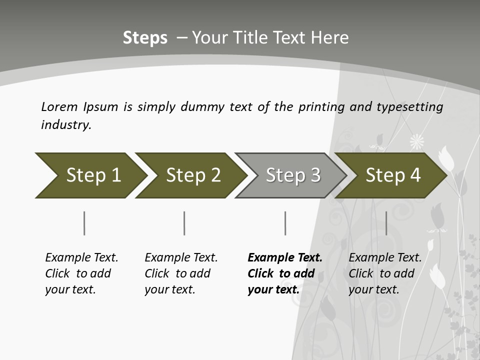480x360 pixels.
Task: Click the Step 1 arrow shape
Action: pos(90,175)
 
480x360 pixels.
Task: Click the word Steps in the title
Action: pos(145,38)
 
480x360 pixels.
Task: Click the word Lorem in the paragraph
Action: pos(59,106)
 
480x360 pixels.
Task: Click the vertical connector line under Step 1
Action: pos(84,223)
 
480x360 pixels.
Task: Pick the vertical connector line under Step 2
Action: pos(184,223)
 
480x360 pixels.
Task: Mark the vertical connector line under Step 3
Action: pos(285,223)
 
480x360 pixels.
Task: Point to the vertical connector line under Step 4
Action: pos(386,223)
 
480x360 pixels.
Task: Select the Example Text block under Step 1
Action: pos(81,273)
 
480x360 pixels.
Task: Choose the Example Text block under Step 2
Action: pos(181,273)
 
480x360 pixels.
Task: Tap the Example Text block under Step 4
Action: pos(385,273)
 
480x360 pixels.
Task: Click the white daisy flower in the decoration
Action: pos(416,142)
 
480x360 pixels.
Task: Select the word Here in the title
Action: pos(331,38)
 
